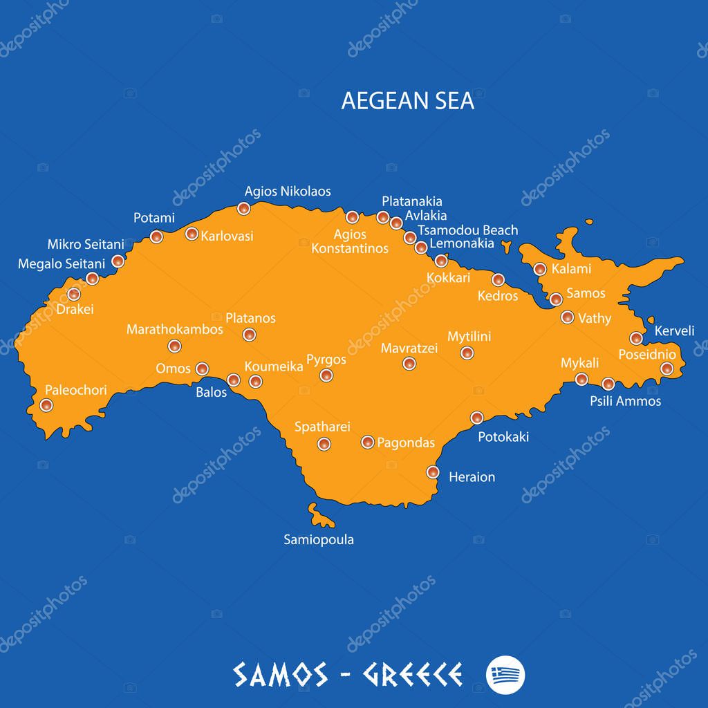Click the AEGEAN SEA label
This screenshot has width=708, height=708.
407,100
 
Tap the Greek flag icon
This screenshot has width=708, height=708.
505,673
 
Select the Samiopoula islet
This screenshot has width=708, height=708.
321,515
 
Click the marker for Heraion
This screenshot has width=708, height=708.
433,472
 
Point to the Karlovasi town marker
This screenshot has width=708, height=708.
192,234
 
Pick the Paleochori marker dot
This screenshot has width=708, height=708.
46,405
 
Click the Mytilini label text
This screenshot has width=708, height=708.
469,337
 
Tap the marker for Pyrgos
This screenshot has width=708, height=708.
326,375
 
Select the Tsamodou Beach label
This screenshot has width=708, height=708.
467,230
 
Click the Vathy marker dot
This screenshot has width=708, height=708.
567,317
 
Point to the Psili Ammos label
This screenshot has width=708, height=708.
625,401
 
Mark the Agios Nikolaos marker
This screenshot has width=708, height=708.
243,208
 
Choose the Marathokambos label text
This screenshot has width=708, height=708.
174,330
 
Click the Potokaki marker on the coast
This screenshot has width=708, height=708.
477,418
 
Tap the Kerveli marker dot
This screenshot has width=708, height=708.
636,338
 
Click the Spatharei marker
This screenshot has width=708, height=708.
324,444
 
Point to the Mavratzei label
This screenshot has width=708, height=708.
409,348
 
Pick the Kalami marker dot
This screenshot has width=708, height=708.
540,269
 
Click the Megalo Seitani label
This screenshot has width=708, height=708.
62,263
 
